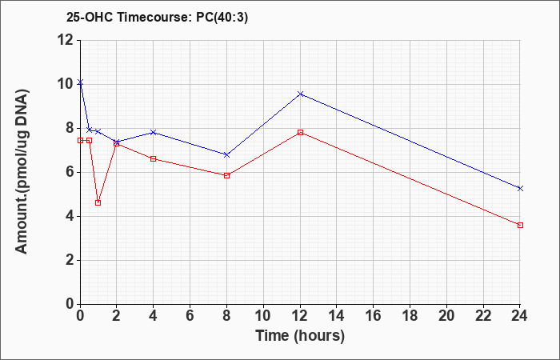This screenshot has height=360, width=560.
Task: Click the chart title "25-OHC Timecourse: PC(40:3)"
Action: pyautogui.click(x=157, y=18)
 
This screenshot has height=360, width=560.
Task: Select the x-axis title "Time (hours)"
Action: pyautogui.click(x=300, y=336)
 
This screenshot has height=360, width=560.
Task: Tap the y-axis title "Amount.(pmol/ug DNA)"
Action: pyautogui.click(x=22, y=171)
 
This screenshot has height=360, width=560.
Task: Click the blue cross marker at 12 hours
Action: pyautogui.click(x=300, y=94)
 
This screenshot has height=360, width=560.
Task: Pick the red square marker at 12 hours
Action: pyautogui.click(x=300, y=133)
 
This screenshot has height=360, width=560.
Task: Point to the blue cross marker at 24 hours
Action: pyautogui.click(x=520, y=188)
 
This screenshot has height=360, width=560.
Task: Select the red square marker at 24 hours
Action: pyautogui.click(x=520, y=225)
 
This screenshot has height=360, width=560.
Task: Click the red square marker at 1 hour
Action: pyautogui.click(x=98, y=203)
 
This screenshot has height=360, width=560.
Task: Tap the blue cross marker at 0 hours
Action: pyautogui.click(x=80, y=82)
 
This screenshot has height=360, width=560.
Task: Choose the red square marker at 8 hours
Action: pyautogui.click(x=226, y=175)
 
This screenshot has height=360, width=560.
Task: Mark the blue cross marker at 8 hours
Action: pyautogui.click(x=226, y=154)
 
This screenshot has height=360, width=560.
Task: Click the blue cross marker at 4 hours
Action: pyautogui.click(x=154, y=132)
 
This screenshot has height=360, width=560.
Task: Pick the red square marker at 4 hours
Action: pyautogui.click(x=154, y=158)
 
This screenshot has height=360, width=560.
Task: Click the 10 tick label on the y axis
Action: pyautogui.click(x=66, y=84)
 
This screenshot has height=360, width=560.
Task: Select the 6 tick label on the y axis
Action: pyautogui.click(x=71, y=172)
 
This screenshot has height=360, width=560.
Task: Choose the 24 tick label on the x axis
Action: pyautogui.click(x=520, y=316)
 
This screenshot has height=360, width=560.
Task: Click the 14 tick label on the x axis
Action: pyautogui.click(x=337, y=316)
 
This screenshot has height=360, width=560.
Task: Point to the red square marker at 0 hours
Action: pyautogui.click(x=80, y=140)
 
